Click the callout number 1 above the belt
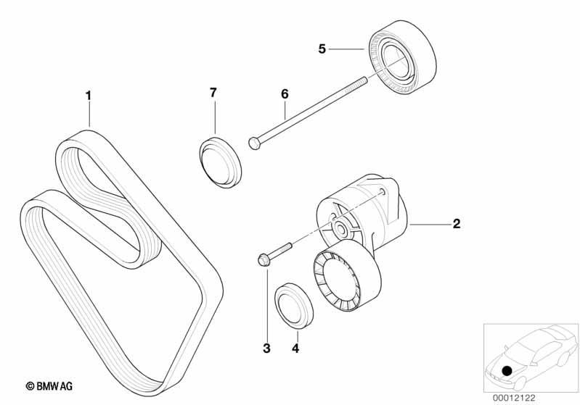pyautogui.click(x=88, y=96)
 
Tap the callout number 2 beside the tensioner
pyautogui.click(x=457, y=223)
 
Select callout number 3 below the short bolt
pyautogui.click(x=266, y=348)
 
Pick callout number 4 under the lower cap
pyautogui.click(x=295, y=348)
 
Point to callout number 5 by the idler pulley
pyautogui.click(x=322, y=49)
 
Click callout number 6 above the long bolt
pyautogui.click(x=285, y=94)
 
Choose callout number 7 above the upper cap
pyautogui.click(x=213, y=93)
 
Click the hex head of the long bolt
pyautogui.click(x=253, y=143)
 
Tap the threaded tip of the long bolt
pyautogui.click(x=364, y=80)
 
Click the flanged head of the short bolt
pyautogui.click(x=262, y=259)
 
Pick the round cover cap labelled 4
pyautogui.click(x=294, y=306)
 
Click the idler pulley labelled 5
pyautogui.click(x=403, y=57)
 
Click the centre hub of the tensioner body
pyautogui.click(x=340, y=230)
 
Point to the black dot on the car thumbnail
pyautogui.click(x=507, y=370)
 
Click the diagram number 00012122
pyautogui.click(x=514, y=398)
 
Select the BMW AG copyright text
pyautogui.click(x=49, y=387)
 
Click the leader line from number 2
pyautogui.click(x=429, y=224)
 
